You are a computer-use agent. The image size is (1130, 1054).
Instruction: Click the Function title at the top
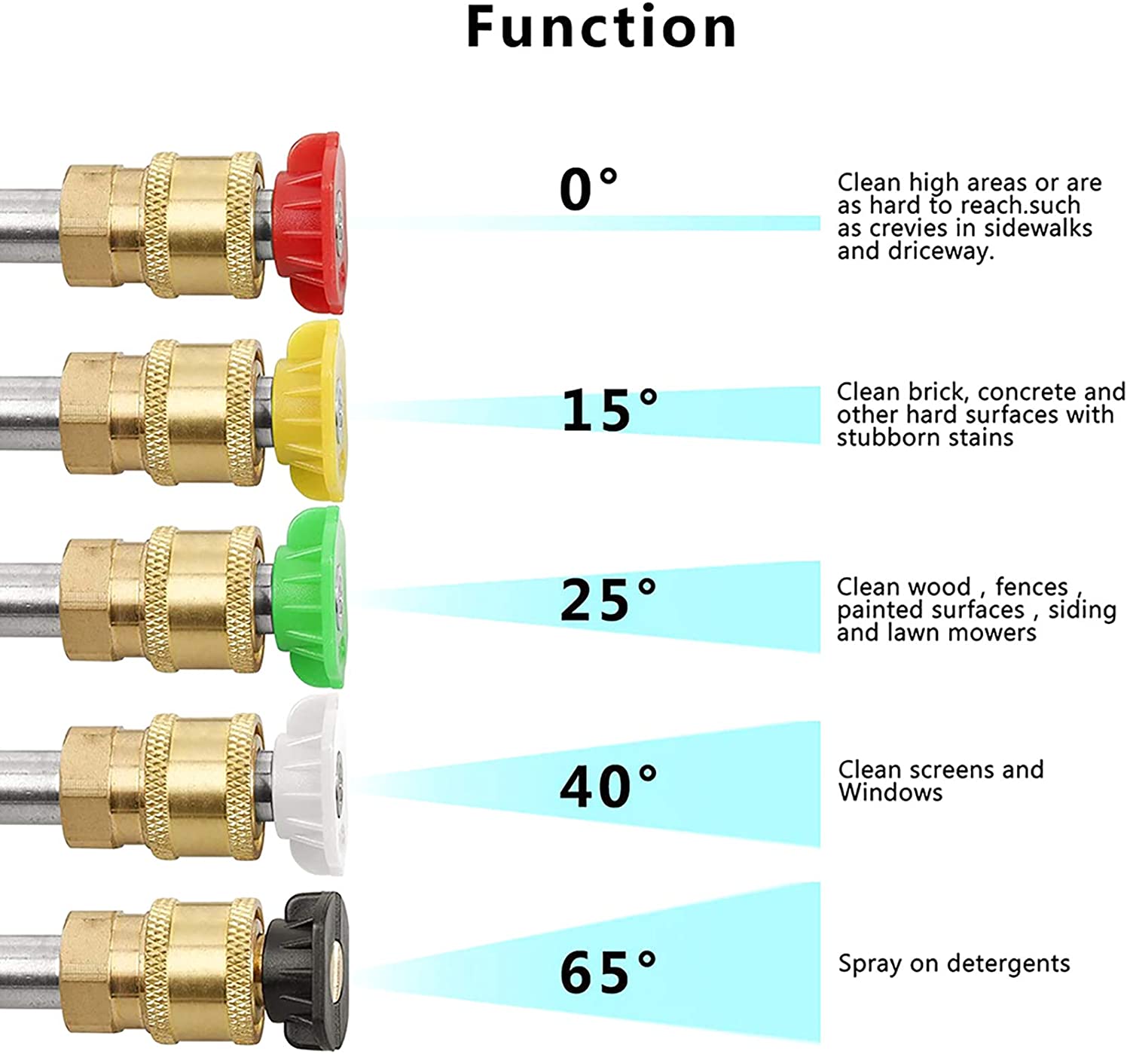click(x=601, y=27)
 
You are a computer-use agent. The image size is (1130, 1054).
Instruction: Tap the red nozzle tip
click(x=310, y=223)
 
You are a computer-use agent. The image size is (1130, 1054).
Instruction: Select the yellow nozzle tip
click(x=309, y=411)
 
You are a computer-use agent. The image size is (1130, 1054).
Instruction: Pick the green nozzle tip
click(x=309, y=597)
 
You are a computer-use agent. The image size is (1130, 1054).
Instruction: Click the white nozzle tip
click(x=309, y=784)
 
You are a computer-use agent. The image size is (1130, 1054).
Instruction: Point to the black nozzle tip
click(x=306, y=971)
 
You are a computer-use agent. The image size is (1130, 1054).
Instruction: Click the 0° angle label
click(x=588, y=190)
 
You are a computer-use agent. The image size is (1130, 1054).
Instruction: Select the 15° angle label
click(x=609, y=408)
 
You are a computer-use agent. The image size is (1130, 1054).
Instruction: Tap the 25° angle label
click(x=608, y=600)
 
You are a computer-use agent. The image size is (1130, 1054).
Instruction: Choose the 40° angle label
click(x=608, y=786)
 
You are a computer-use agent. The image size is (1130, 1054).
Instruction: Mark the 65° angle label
click(x=608, y=973)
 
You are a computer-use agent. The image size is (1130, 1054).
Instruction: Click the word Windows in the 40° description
click(x=890, y=793)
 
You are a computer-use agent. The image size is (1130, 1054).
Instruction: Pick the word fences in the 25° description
click(x=1031, y=587)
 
